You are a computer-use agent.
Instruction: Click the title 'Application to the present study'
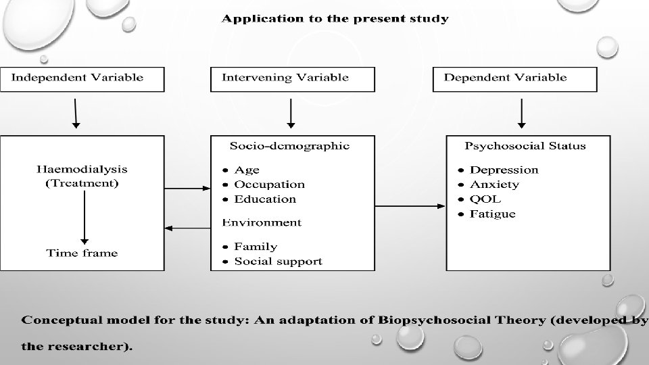tap(335, 19)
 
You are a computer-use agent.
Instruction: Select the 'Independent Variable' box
tap(82, 78)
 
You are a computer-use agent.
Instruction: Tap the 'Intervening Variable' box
tap(291, 78)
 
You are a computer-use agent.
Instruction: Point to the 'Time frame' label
tap(82, 253)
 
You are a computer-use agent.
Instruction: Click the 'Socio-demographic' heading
tap(290, 145)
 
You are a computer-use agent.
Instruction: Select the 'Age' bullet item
tap(247, 170)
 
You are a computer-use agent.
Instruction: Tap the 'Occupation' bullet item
tap(269, 185)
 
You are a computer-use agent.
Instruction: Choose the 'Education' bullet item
tap(265, 199)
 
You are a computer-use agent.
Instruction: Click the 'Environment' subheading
tap(262, 222)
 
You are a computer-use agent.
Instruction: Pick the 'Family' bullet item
tap(256, 247)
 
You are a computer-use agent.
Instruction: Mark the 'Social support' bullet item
tap(278, 262)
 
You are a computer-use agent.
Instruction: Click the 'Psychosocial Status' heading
tap(525, 145)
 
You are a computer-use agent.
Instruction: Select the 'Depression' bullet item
tap(504, 170)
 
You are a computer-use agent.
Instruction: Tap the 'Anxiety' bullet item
tap(494, 185)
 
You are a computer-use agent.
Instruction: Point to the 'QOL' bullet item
tap(485, 199)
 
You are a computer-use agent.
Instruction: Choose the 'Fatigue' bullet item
tap(493, 214)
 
